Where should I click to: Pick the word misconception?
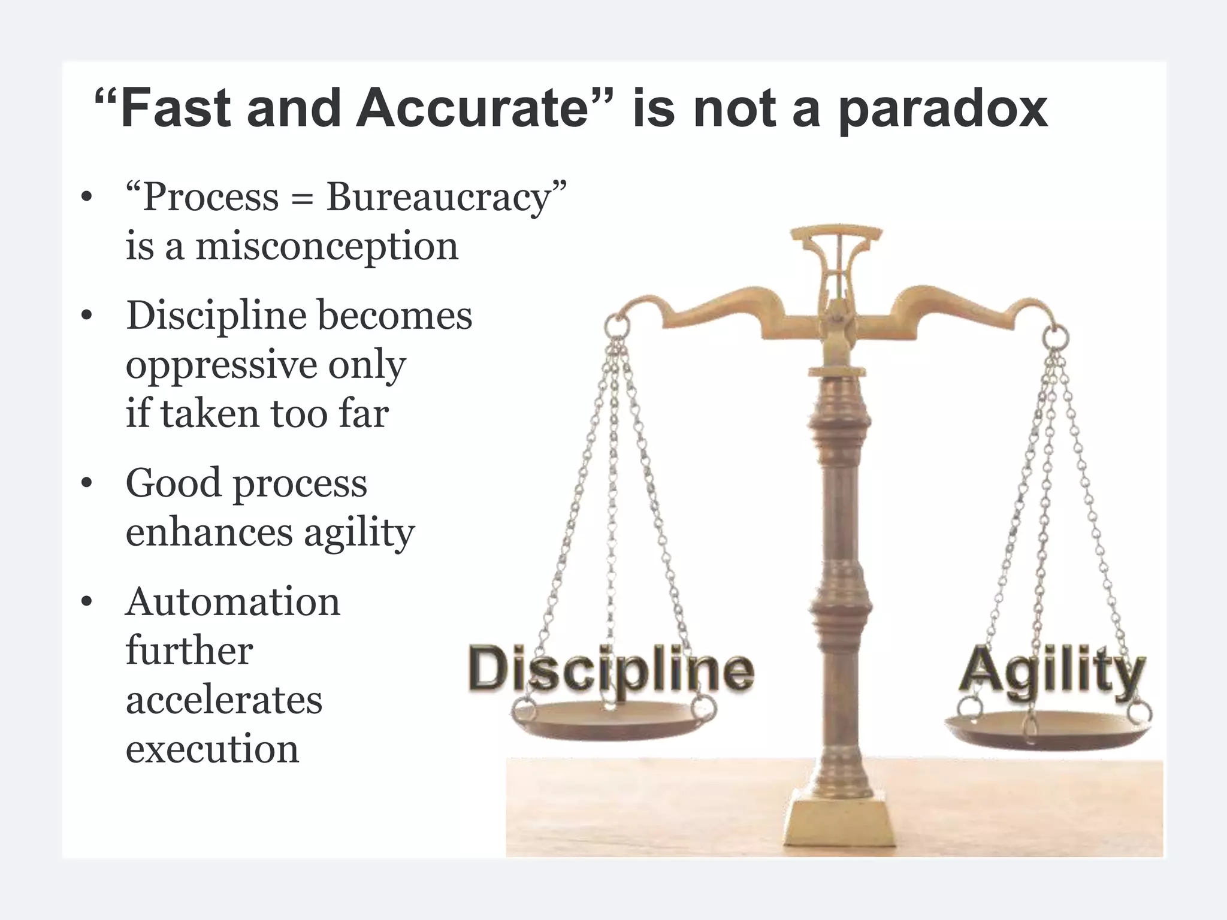pos(327,247)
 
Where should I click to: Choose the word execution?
pos(212,749)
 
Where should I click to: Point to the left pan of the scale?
pos(611,721)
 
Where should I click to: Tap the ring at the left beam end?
pos(616,326)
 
